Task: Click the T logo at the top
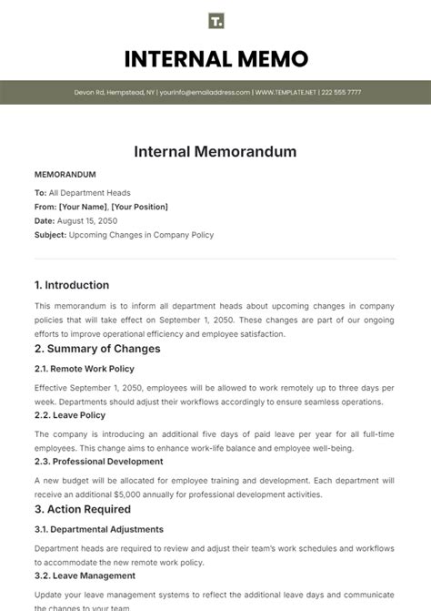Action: click(215, 21)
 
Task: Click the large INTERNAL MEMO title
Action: click(215, 60)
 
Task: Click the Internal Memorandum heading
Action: click(215, 151)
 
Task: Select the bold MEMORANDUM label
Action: click(65, 174)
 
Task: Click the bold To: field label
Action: click(40, 193)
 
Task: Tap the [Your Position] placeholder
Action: click(141, 207)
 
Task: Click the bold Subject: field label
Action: click(50, 234)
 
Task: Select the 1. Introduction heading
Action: click(72, 285)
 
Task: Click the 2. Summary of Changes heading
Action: click(97, 349)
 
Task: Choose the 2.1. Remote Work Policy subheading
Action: click(84, 369)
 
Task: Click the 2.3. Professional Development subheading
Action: click(99, 462)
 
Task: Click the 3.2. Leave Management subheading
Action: click(85, 575)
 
